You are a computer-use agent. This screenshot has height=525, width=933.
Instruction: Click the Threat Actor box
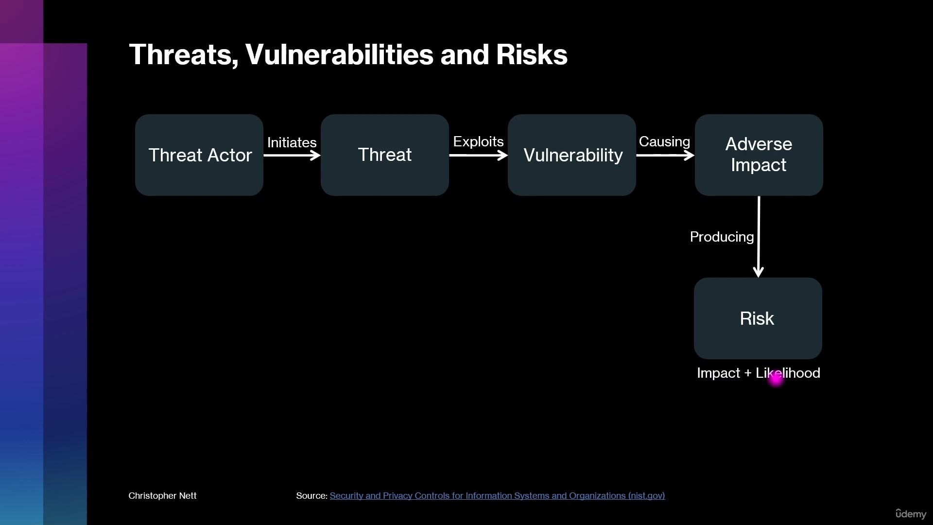pyautogui.click(x=199, y=155)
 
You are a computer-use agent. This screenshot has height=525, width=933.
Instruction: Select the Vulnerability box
pyautogui.click(x=572, y=155)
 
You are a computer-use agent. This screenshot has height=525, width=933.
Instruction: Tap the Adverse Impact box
pyautogui.click(x=759, y=155)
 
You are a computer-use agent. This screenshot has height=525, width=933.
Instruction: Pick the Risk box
pyautogui.click(x=758, y=318)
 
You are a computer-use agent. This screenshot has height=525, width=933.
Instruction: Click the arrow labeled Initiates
pyautogui.click(x=292, y=156)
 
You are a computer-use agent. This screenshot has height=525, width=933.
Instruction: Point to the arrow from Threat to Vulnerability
pyautogui.click(x=479, y=156)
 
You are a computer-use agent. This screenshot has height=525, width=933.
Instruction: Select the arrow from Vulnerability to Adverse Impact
pyautogui.click(x=666, y=156)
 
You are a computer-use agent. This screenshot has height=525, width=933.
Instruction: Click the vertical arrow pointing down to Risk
pyautogui.click(x=759, y=237)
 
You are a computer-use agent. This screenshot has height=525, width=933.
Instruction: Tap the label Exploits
pyautogui.click(x=478, y=141)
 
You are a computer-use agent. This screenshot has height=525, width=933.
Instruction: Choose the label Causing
pyautogui.click(x=664, y=141)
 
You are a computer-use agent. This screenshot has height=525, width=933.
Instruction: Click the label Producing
pyautogui.click(x=722, y=237)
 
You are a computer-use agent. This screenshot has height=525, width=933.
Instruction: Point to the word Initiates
pyautogui.click(x=292, y=142)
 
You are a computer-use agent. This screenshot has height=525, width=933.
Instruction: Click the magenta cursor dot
pyautogui.click(x=776, y=379)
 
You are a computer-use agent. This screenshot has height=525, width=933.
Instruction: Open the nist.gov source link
pyautogui.click(x=497, y=496)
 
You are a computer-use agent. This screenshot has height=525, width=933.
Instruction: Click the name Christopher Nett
pyautogui.click(x=162, y=496)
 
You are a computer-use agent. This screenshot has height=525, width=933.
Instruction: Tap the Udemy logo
pyautogui.click(x=911, y=514)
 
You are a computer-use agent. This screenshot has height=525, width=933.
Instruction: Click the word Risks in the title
pyautogui.click(x=532, y=54)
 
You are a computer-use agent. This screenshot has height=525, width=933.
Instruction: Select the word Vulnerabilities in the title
pyautogui.click(x=339, y=54)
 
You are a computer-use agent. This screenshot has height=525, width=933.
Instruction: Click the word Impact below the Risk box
pyautogui.click(x=718, y=373)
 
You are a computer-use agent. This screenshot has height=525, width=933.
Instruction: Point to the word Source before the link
pyautogui.click(x=312, y=496)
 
